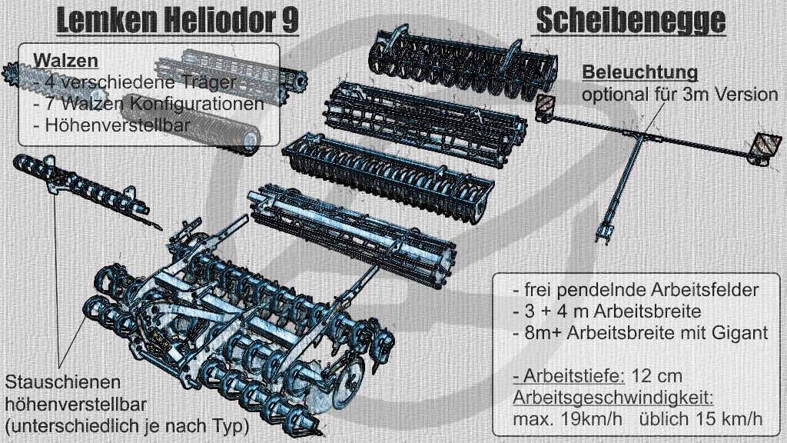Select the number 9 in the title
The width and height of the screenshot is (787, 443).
[x=290, y=21]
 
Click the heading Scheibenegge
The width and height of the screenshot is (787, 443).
[x=631, y=21]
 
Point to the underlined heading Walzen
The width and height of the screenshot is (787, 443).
[x=65, y=61]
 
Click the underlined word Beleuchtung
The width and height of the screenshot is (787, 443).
[x=640, y=72]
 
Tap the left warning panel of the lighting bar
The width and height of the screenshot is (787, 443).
[x=545, y=105]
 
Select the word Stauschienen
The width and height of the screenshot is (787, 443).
[x=63, y=382]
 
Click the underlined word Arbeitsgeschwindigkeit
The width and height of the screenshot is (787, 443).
[x=613, y=398]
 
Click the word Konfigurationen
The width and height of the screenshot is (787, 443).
[x=198, y=104]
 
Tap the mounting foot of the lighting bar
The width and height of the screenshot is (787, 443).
[x=604, y=234]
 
